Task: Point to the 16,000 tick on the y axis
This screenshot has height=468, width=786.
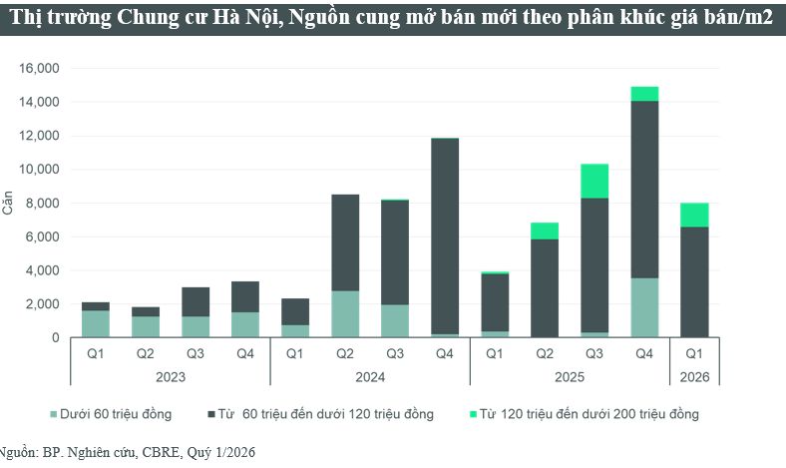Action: click(x=39, y=68)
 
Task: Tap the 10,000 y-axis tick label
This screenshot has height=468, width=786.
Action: click(x=39, y=170)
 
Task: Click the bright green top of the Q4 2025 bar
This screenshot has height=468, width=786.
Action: click(x=644, y=94)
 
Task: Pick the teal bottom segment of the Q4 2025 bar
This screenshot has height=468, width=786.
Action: click(x=644, y=307)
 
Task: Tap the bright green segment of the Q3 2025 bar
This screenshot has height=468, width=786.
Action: click(x=594, y=181)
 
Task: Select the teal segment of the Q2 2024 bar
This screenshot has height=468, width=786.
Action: click(x=345, y=314)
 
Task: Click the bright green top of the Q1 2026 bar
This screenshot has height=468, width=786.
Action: click(x=694, y=215)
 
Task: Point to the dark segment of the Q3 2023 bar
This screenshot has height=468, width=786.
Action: click(x=196, y=301)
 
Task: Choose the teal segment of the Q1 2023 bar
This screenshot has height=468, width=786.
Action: click(x=96, y=324)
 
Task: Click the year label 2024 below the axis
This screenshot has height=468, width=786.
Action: click(x=370, y=378)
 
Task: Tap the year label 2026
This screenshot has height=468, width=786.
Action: click(x=694, y=378)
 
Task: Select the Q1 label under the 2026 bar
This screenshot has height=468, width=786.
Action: click(x=694, y=352)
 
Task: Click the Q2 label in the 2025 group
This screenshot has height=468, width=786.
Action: click(x=545, y=352)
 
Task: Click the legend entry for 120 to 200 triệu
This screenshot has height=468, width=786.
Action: click(x=589, y=413)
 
